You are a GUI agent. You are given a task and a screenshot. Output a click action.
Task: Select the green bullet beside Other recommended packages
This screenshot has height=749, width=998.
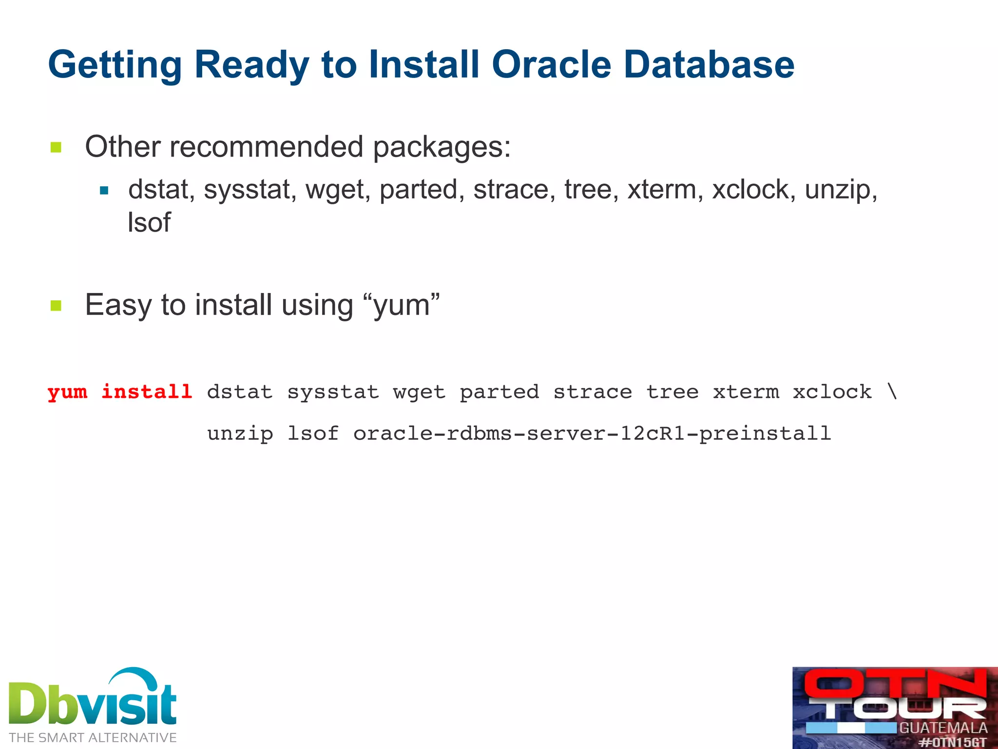pyautogui.click(x=56, y=147)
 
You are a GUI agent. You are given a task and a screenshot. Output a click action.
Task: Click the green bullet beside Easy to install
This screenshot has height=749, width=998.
pyautogui.click(x=56, y=306)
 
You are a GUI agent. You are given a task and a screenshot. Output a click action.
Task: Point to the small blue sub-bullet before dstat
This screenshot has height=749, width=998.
pyautogui.click(x=104, y=191)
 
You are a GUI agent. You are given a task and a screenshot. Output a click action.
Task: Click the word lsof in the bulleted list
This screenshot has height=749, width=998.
pyautogui.click(x=149, y=222)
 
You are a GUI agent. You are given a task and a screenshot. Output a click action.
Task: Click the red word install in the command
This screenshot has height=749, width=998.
pyautogui.click(x=147, y=392)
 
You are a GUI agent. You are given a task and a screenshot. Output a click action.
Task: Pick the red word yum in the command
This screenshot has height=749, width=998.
pyautogui.click(x=67, y=392)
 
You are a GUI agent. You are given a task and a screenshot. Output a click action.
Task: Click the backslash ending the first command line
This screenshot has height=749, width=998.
pyautogui.click(x=892, y=392)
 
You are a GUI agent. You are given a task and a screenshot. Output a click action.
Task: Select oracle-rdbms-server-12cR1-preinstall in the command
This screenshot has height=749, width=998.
pyautogui.click(x=592, y=433)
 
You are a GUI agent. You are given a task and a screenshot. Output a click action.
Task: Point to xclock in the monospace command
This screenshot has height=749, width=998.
pyautogui.click(x=832, y=392)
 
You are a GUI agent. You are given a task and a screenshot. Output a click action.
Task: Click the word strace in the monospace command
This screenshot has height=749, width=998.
pyautogui.click(x=593, y=392)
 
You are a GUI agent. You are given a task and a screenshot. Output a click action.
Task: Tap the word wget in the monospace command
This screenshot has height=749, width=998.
pyautogui.click(x=419, y=392)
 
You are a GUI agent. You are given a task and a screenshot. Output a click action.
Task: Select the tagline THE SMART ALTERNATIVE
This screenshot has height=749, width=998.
pyautogui.click(x=93, y=737)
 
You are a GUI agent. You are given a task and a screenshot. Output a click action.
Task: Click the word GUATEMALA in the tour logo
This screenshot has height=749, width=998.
pyautogui.click(x=943, y=728)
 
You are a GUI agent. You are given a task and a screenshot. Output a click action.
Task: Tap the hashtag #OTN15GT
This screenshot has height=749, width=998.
pyautogui.click(x=953, y=743)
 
